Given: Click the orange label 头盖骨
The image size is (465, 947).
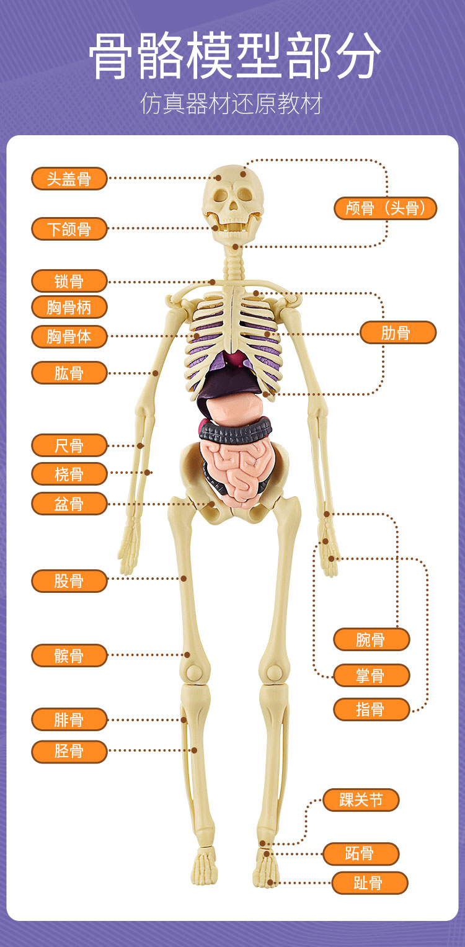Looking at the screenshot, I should tap(69, 179).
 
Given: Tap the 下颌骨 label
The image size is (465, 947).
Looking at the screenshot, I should tap(69, 229).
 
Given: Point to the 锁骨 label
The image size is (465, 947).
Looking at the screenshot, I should tap(69, 281).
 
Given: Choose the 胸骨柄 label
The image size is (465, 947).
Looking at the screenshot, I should tap(69, 307).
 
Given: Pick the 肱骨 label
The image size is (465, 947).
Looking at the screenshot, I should tap(69, 373).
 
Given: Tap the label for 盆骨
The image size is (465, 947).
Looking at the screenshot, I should tap(69, 503).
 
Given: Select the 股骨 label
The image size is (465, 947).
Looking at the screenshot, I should tap(69, 580).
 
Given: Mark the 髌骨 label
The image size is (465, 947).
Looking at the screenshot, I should tap(69, 656).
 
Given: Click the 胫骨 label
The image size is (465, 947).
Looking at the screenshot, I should tap(69, 751).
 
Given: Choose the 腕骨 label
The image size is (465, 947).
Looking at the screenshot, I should tap(371, 639).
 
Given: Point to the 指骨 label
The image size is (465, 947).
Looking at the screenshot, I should tap(371, 709).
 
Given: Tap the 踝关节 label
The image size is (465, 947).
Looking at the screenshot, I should tap(361, 799).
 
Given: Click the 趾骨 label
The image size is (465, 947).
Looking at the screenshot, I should tap(370, 883).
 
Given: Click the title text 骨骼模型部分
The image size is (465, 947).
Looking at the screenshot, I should tap(232, 57).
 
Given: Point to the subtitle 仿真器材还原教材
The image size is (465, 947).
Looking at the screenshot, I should tap(232, 104).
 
